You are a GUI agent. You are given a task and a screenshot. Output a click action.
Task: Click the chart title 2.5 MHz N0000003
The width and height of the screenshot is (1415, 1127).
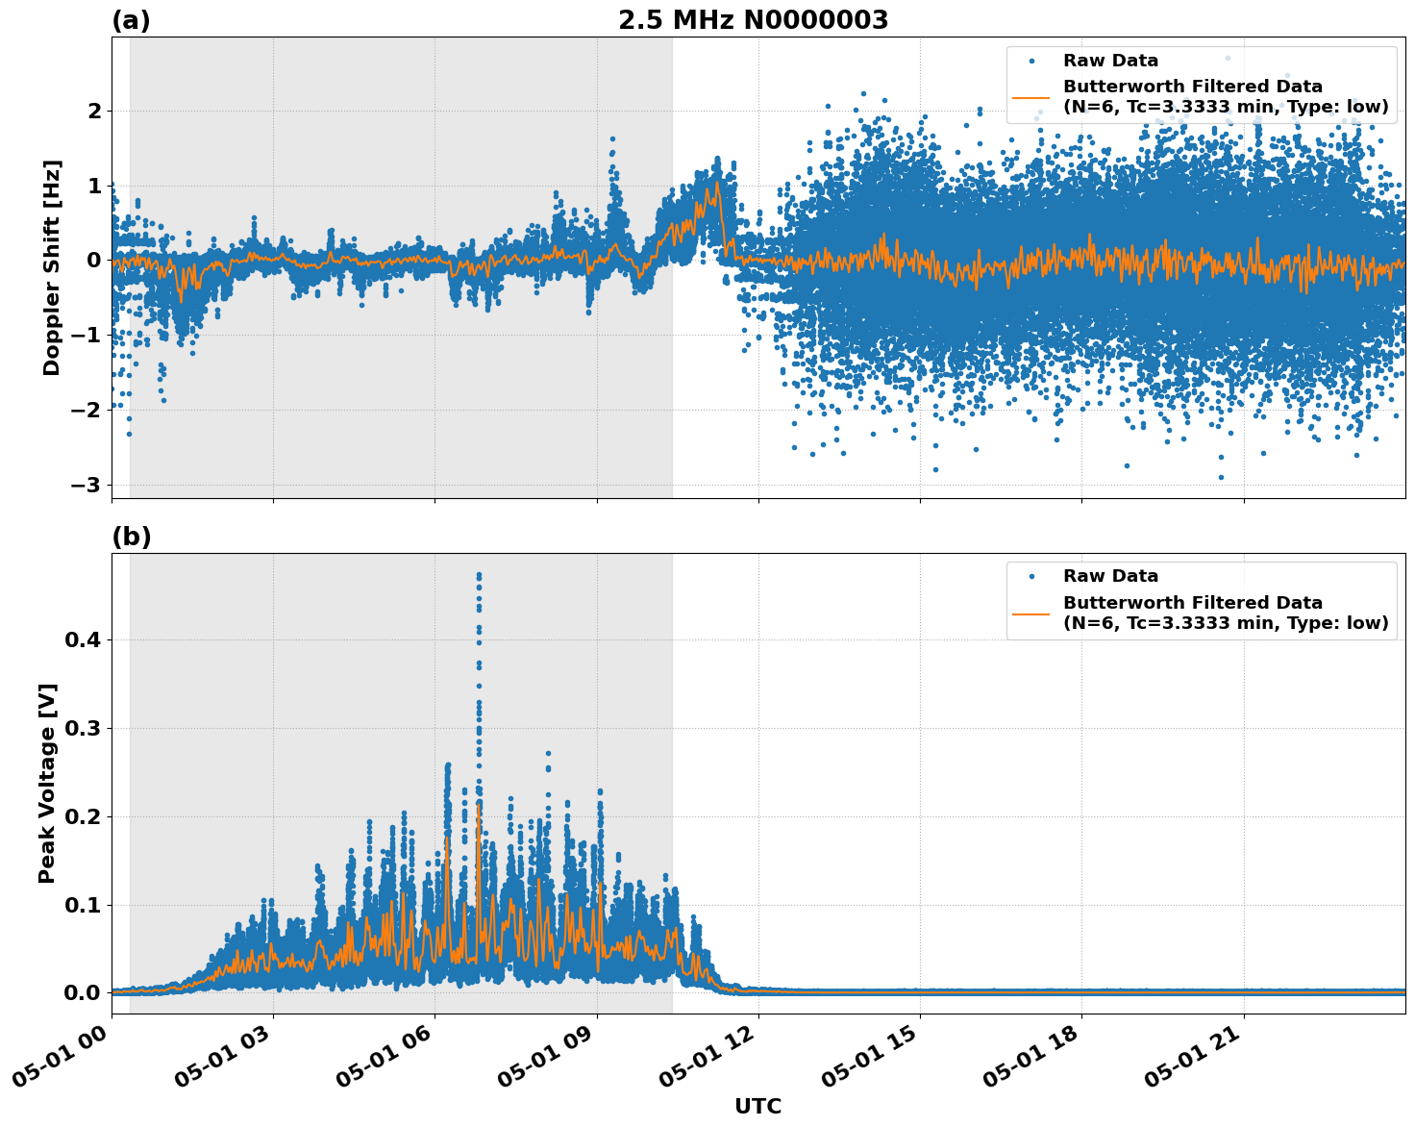click(753, 20)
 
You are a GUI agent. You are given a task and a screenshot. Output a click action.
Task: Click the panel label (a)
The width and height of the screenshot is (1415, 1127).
click(131, 20)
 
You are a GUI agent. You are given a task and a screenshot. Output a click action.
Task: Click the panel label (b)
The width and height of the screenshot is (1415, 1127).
click(131, 537)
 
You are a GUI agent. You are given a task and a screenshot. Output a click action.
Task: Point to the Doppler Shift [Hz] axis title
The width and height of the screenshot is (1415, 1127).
click(52, 267)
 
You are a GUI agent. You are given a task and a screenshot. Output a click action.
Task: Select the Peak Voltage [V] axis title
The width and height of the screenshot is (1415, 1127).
click(47, 783)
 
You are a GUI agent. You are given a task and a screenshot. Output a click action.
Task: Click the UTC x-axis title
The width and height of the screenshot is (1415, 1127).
click(757, 1106)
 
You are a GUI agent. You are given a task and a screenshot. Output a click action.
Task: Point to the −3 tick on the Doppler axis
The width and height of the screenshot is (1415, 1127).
click(86, 485)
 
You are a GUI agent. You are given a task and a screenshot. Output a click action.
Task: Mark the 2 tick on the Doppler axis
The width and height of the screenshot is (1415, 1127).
click(94, 112)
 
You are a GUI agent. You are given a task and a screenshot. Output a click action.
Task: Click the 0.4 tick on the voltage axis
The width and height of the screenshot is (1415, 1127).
click(83, 639)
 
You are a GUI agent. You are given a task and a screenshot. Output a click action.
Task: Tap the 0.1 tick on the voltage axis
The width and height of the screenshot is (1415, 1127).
click(83, 905)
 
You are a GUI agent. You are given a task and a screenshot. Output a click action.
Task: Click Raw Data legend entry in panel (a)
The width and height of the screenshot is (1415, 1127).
click(1110, 61)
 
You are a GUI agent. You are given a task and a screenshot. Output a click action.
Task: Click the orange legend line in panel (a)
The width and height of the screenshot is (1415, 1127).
click(1030, 97)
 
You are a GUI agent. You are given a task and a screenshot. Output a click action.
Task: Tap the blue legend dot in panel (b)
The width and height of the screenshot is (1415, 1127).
click(1030, 576)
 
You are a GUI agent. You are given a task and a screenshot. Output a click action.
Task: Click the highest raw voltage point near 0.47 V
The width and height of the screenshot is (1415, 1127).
click(479, 575)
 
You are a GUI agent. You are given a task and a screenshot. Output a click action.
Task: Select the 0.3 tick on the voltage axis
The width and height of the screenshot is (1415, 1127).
click(83, 728)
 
